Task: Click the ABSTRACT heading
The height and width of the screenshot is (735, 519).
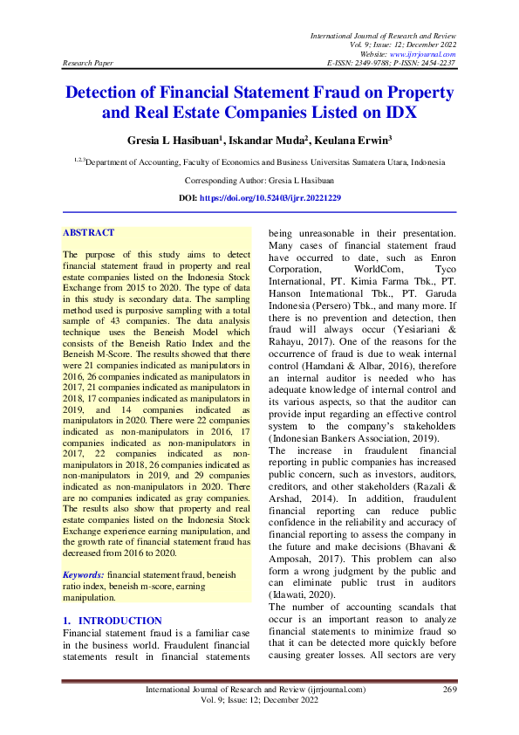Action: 88,233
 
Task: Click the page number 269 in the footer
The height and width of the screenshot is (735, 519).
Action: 450,690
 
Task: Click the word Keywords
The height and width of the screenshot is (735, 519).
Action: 83,575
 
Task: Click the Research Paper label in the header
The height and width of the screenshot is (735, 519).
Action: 85,64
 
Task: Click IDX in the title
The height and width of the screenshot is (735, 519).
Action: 396,113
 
